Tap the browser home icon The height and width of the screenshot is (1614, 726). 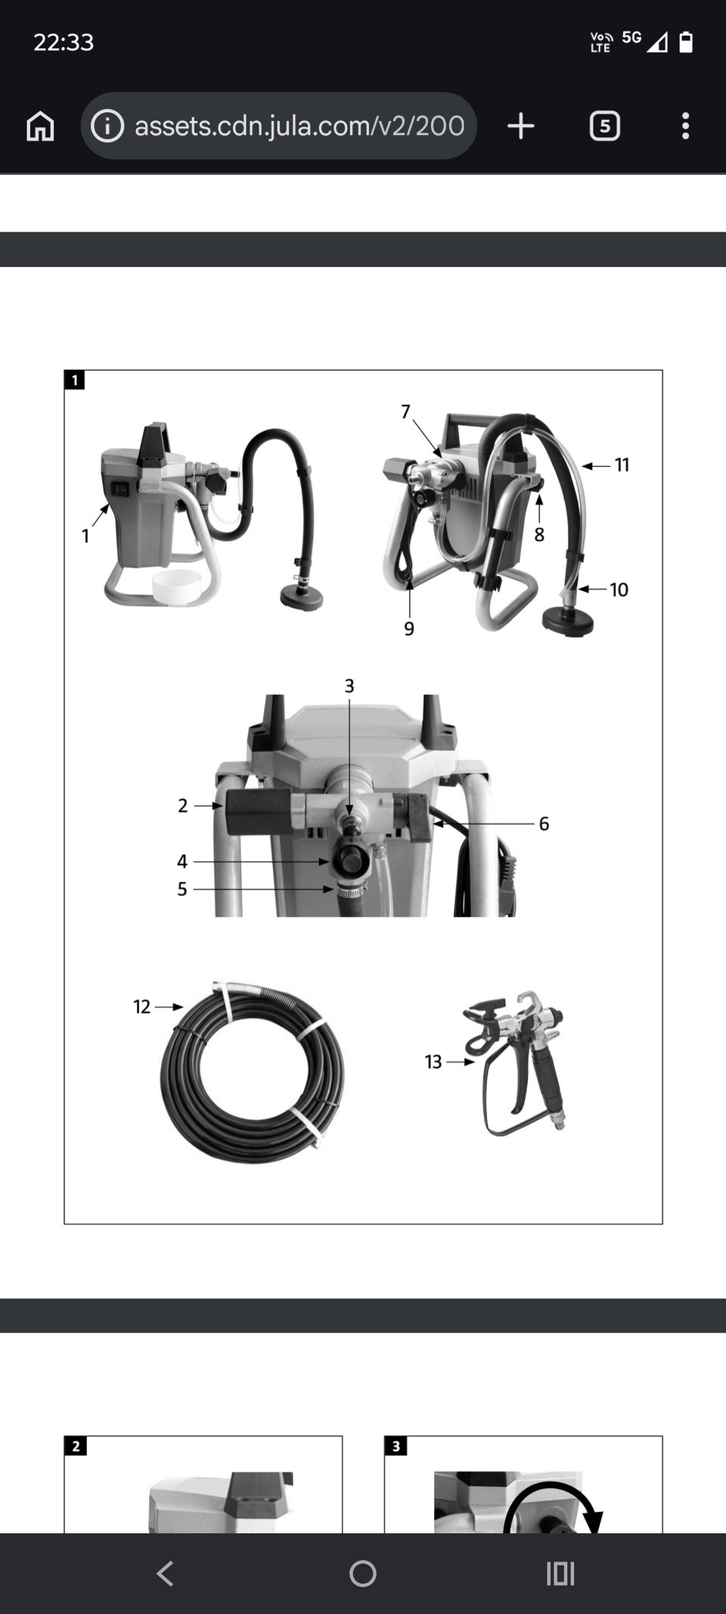point(41,126)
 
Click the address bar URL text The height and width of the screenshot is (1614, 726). point(299,126)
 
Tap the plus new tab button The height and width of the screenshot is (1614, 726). point(520,126)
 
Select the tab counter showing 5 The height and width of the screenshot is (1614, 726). point(604,126)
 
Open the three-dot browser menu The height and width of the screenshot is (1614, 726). point(685,126)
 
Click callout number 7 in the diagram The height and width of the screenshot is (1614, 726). point(405,412)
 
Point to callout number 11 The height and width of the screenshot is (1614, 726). point(622,465)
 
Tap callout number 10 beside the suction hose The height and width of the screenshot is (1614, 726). point(619,589)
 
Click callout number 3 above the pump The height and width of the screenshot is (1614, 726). point(349,686)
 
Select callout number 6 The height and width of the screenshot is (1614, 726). point(544,823)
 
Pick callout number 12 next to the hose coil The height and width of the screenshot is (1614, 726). point(142,1006)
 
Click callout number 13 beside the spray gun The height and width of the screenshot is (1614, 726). point(433,1062)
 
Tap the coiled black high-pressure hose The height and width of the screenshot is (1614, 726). point(252,1071)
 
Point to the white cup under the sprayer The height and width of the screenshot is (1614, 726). point(176,586)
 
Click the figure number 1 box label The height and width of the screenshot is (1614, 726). point(74,380)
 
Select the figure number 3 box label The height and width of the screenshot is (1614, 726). point(396,1446)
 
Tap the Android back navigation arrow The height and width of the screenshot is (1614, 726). point(165,1574)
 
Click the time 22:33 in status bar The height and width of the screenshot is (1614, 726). point(64,42)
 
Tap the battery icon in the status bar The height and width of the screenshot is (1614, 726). point(686,42)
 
